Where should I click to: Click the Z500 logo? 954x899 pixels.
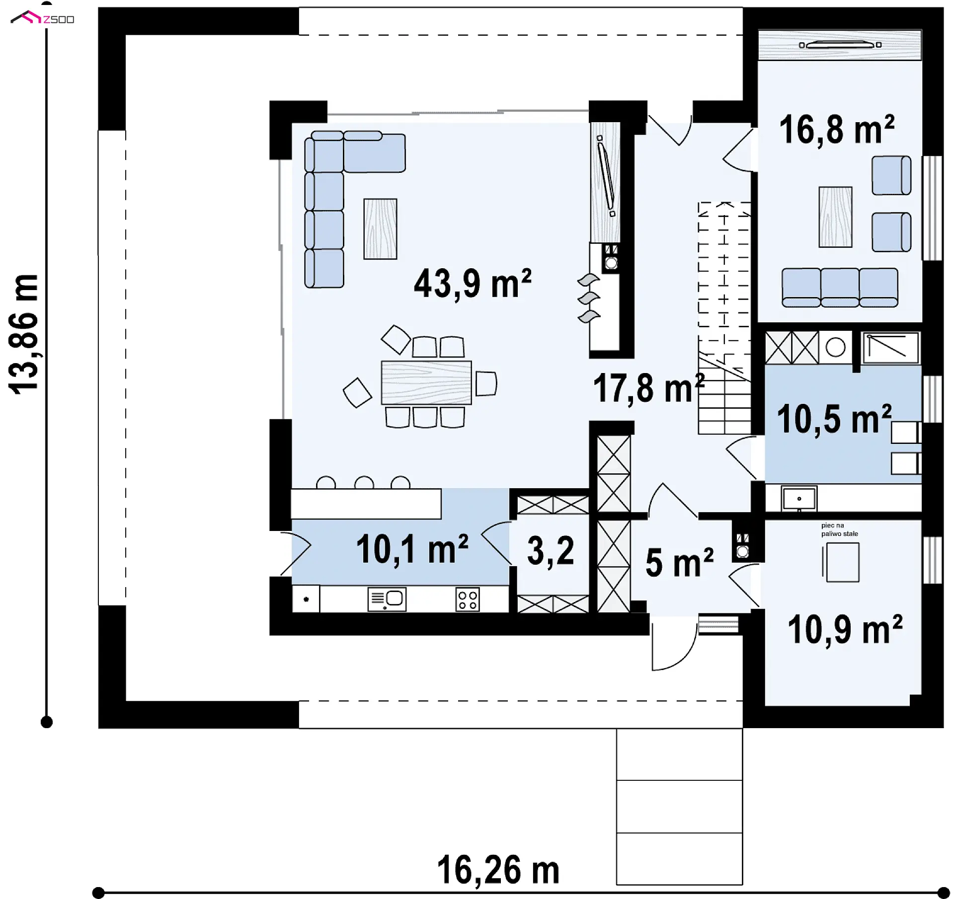click(43, 19)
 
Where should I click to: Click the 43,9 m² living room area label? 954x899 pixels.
click(473, 284)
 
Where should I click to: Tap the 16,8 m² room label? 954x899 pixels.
click(837, 129)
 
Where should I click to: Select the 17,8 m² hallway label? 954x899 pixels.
click(649, 388)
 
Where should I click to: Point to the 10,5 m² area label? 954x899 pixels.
click(834, 419)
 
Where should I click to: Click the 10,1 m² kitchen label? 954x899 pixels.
click(412, 549)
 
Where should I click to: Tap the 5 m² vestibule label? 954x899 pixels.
click(679, 563)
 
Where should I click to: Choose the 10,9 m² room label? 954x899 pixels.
click(845, 629)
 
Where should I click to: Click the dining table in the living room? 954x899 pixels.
click(426, 382)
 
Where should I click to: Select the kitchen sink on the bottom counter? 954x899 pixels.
click(387, 599)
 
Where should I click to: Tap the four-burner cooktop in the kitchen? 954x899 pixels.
click(468, 599)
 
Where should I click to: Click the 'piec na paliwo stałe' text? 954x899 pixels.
click(839, 529)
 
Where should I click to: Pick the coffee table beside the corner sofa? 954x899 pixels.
click(380, 229)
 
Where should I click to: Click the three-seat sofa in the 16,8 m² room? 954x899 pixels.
click(840, 288)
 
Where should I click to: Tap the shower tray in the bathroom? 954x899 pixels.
click(891, 348)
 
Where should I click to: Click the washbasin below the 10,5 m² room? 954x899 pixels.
click(799, 499)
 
